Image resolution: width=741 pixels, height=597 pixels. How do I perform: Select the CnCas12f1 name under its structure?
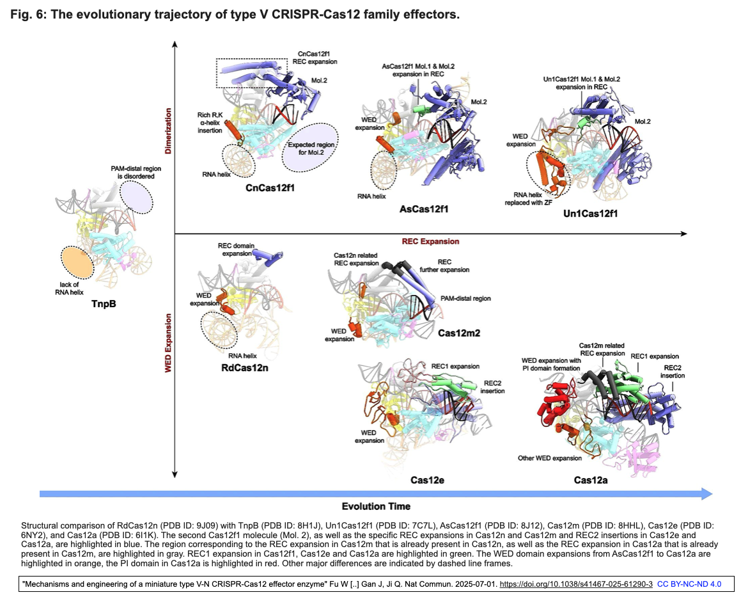tap(273, 188)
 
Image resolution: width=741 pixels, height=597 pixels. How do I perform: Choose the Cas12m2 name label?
tap(459, 333)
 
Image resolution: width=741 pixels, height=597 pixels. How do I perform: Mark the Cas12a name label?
tap(590, 479)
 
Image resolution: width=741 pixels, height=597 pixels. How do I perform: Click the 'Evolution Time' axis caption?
tap(376, 506)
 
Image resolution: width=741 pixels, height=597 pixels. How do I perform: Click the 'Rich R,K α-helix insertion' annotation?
tap(210, 122)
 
